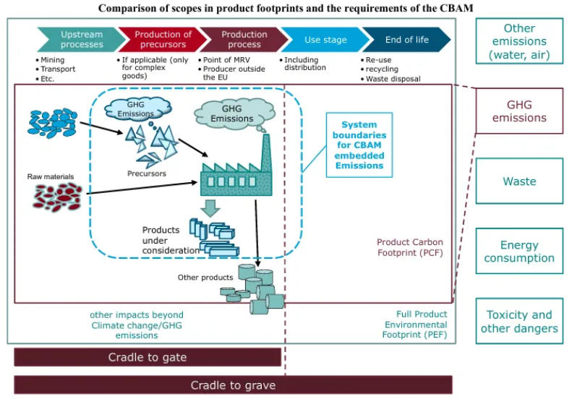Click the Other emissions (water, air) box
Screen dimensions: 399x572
pos(518,41)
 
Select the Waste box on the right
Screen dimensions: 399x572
pos(518,181)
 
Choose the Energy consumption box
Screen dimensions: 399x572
pos(518,252)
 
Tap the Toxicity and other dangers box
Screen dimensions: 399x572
pos(518,322)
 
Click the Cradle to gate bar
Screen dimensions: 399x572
pos(148,357)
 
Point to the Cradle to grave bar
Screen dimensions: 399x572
pos(233,385)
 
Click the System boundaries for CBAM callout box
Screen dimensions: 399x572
pos(359,145)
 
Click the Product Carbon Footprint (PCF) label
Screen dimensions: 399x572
pos(410,247)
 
